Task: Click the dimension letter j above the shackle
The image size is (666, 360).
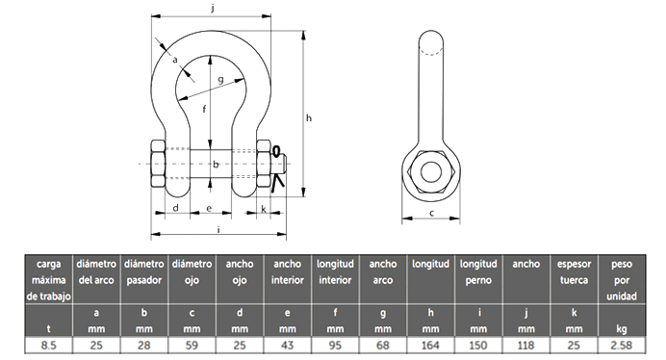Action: (213, 9)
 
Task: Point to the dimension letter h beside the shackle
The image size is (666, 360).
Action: (309, 117)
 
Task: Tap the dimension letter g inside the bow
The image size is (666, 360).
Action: (220, 80)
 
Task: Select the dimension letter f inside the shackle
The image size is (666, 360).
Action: (204, 109)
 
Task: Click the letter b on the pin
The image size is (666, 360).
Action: (216, 164)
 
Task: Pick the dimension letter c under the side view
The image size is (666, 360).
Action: (431, 213)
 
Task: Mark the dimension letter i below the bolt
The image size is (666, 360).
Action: (218, 230)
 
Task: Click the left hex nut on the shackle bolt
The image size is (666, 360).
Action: (158, 164)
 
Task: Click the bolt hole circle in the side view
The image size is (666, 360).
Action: (431, 171)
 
